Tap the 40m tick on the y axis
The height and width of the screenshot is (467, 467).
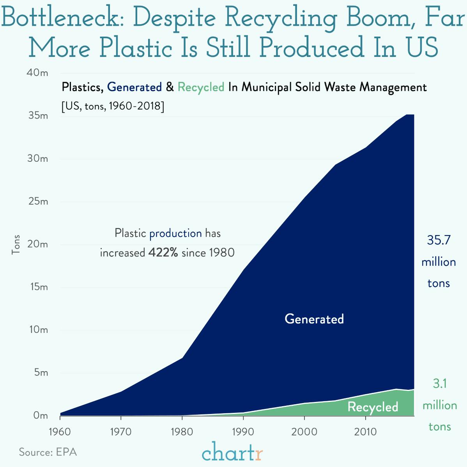coord(38,73)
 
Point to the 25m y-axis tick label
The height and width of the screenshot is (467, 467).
coord(38,202)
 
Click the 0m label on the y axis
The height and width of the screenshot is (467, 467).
coord(40,416)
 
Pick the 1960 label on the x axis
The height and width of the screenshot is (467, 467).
coord(60,432)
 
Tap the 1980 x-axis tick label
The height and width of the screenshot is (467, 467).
coord(182,432)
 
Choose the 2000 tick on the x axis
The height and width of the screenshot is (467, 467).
coord(304,432)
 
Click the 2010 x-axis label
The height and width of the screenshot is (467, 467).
coord(365,432)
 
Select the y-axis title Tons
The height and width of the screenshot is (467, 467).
coord(16,244)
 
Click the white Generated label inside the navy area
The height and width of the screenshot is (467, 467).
coord(314,319)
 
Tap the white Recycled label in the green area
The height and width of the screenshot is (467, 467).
coord(373,407)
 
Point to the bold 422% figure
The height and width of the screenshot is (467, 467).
coord(163,253)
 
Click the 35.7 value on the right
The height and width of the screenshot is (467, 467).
coord(439,240)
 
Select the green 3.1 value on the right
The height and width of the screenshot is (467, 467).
coord(439,384)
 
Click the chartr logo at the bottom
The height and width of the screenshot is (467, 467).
coord(232,452)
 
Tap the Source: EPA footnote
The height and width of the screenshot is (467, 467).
coord(48,452)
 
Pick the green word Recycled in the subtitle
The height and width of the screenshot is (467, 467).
coord(201,87)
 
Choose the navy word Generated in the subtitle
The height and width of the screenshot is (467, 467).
coord(134,87)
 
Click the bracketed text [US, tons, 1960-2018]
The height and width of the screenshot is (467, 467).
coord(113,106)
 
